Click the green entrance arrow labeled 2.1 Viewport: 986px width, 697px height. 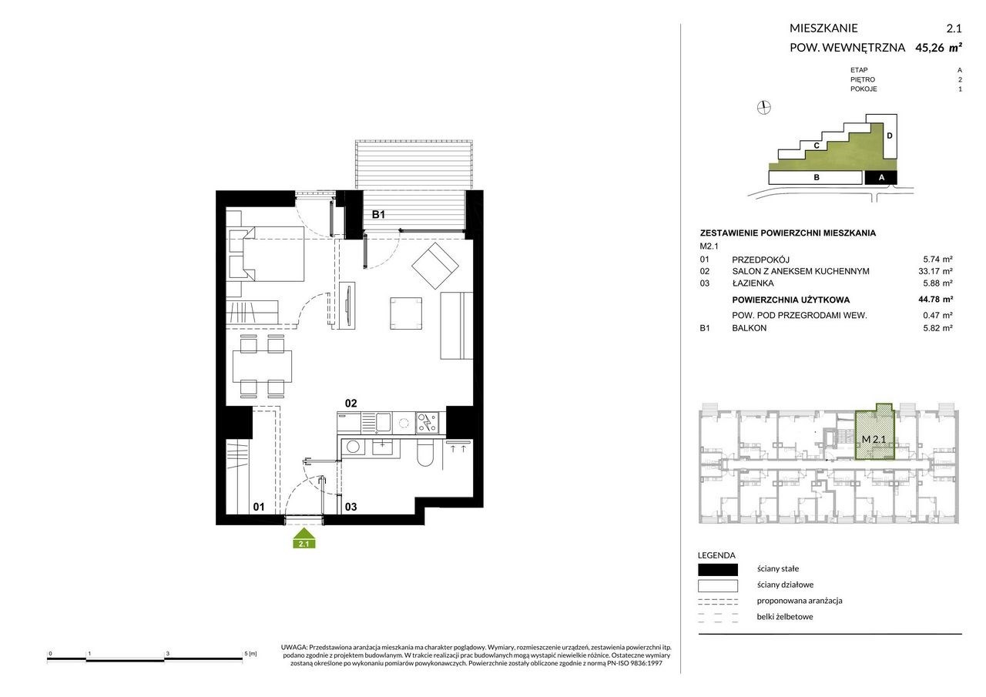point(304,538)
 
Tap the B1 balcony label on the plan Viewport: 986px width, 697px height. point(378,214)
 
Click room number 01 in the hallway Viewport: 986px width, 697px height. point(259,507)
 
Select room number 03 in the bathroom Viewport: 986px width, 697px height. point(350,507)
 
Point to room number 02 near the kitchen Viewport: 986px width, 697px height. point(350,403)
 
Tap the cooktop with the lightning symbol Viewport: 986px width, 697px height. point(427,424)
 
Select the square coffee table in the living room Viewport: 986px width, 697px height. point(406,313)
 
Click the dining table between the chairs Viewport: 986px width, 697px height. point(262,366)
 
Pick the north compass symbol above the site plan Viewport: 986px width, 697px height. point(763,107)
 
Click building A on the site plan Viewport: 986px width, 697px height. point(880,178)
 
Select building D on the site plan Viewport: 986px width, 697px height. point(890,136)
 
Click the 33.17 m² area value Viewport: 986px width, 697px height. point(935,272)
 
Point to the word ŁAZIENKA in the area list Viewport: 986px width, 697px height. point(753,283)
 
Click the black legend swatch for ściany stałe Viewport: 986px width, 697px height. point(717,569)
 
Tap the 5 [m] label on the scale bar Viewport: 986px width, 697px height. point(250,654)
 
